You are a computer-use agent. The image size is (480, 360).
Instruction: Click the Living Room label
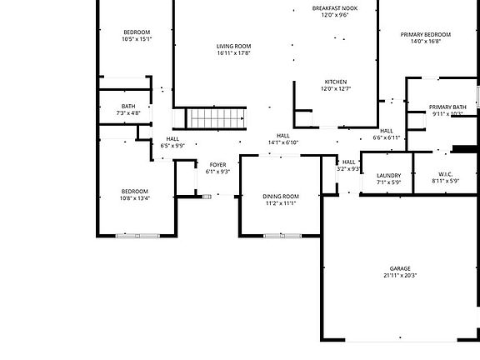(x=233, y=46)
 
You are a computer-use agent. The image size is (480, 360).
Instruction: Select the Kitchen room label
(x=336, y=82)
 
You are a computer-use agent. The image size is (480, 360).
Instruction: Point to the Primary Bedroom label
(x=425, y=34)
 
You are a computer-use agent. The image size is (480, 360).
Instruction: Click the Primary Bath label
(x=447, y=107)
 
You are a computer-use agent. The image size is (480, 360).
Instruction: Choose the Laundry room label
(x=389, y=175)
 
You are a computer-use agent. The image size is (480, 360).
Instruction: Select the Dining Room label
(x=281, y=196)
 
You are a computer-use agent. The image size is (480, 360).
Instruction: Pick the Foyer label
(x=217, y=165)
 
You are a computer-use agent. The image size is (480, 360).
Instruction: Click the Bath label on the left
(x=128, y=106)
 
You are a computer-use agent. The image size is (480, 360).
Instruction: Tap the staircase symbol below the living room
(x=216, y=119)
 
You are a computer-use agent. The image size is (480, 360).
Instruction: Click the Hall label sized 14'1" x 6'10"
(x=283, y=136)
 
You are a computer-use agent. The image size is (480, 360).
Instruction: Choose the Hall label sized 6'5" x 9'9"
(x=172, y=139)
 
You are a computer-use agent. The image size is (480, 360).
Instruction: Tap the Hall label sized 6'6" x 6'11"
(x=387, y=131)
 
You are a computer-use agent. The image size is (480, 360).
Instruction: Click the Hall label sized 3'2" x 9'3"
(x=349, y=162)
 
